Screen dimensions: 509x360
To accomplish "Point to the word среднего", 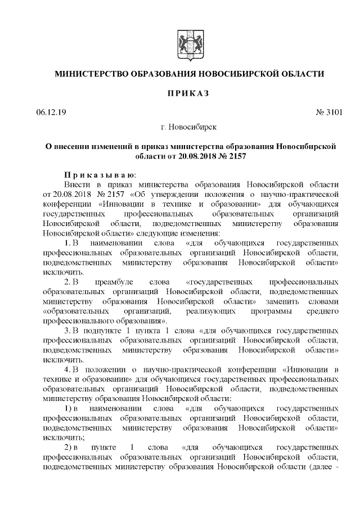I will [323, 310].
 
